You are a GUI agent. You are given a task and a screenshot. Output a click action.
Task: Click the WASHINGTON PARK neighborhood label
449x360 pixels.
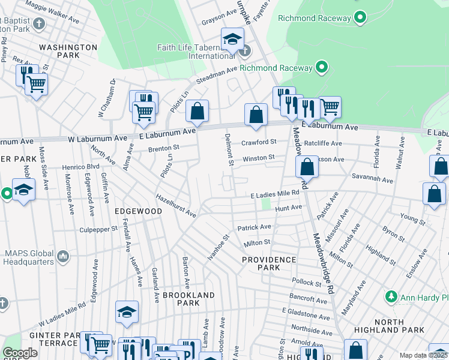[68, 51]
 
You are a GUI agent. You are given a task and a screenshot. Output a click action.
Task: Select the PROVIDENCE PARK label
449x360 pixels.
[269, 264]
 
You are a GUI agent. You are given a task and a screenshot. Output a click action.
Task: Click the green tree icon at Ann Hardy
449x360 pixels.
[391, 296]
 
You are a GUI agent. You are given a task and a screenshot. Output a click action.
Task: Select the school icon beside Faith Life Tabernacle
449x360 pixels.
[232, 40]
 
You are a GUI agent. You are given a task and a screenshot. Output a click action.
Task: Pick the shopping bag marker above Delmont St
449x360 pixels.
[256, 115]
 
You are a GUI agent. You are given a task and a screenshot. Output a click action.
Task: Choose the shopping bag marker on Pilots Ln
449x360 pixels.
[197, 111]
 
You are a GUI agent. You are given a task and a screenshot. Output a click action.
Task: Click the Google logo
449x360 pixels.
[20, 353]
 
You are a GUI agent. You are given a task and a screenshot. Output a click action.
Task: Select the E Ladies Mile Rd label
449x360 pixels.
[274, 194]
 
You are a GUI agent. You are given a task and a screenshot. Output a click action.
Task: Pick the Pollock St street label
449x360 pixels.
[307, 282]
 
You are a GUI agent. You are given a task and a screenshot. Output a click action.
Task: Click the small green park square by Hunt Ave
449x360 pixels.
[265, 205]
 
